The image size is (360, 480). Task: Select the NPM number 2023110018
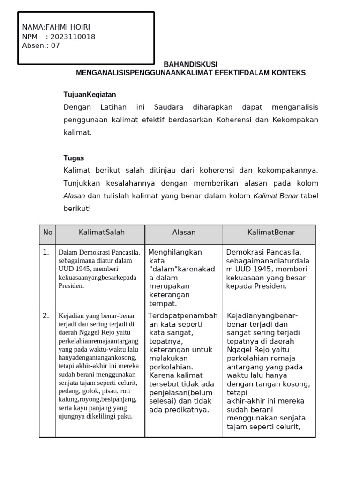pos(73,37)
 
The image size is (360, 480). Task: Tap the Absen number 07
pos(55,46)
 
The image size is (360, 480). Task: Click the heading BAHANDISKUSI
pos(190,64)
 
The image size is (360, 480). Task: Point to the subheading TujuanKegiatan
pos(90,95)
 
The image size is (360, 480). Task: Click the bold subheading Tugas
pos(74,158)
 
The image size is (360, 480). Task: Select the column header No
pos(47,232)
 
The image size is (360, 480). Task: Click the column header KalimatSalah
pos(102,232)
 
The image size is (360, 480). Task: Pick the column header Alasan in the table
pos(184,232)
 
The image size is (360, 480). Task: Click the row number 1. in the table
pos(46,252)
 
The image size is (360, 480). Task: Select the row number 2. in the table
pos(46,316)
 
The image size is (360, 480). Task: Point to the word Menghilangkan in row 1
pos(175,252)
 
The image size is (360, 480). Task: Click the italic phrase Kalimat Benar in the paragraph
pos(276,196)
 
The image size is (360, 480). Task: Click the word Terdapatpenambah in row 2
pos(183,316)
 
